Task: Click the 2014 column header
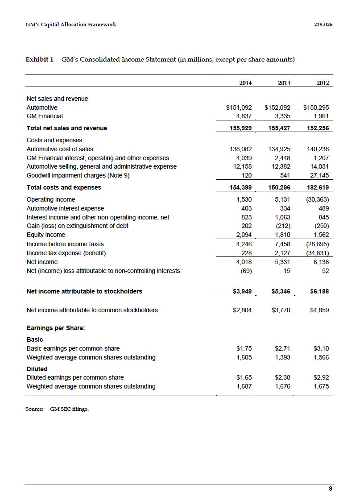[245, 83]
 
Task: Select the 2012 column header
[323, 83]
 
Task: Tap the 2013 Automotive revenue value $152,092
[277, 107]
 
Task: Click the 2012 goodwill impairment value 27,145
[318, 175]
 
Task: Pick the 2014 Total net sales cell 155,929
[240, 128]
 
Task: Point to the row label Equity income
[46, 235]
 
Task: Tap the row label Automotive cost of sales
[60, 149]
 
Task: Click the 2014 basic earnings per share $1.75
[244, 348]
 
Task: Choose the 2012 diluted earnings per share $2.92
[321, 377]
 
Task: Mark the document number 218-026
[323, 25]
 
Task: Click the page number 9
[331, 488]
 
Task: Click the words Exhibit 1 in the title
[40, 59]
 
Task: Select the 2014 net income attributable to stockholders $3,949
[242, 291]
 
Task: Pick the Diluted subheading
[37, 369]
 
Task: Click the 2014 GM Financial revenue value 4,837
[244, 116]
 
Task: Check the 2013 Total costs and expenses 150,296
[279, 187]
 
